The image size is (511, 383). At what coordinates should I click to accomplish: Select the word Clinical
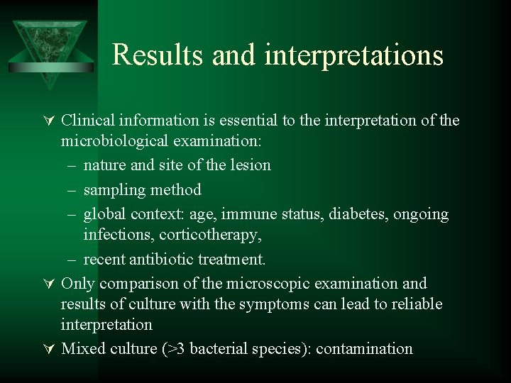pyautogui.click(x=86, y=120)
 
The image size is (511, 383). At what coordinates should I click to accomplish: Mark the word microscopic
pyautogui.click(x=269, y=284)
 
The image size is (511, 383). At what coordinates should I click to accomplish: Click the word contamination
pyautogui.click(x=364, y=348)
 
